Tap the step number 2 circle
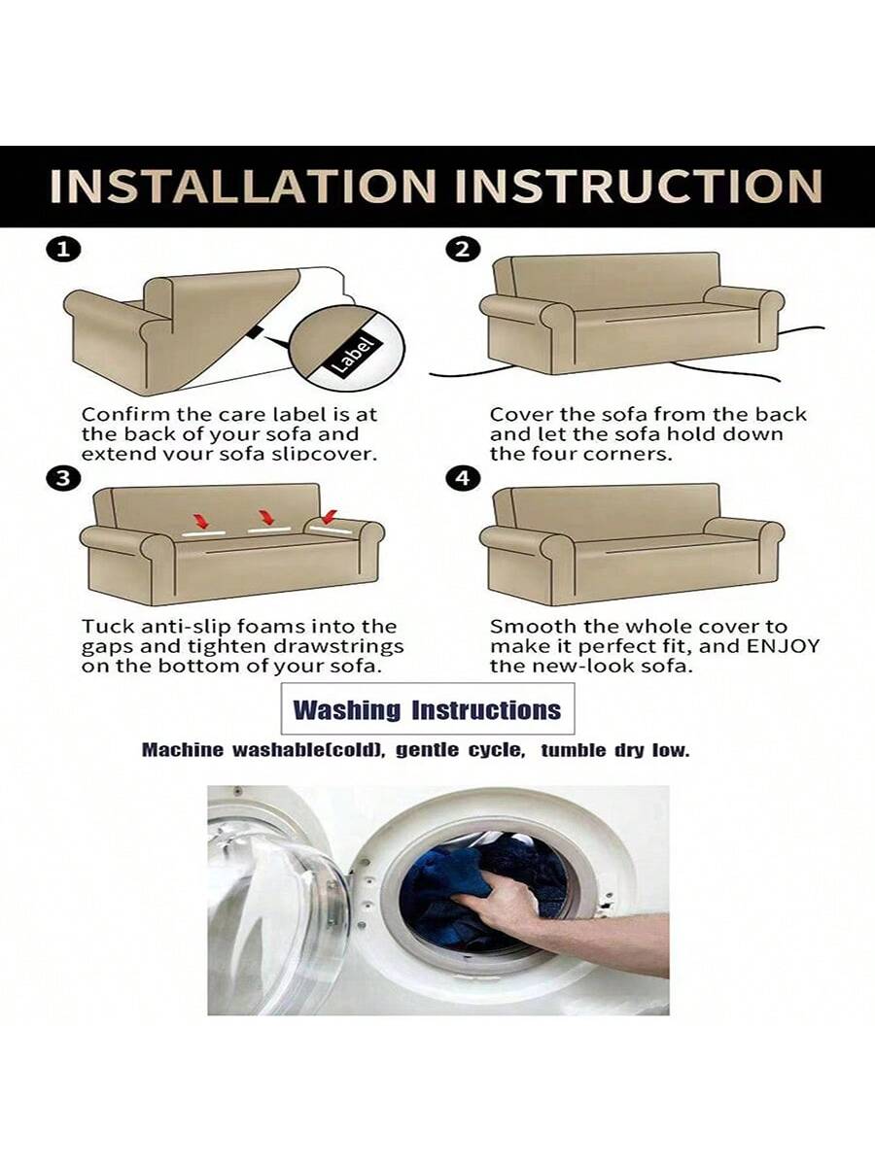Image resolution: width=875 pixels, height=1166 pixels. [x=463, y=249]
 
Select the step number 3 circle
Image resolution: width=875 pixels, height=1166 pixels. [x=62, y=479]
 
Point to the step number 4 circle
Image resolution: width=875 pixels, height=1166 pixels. [x=463, y=479]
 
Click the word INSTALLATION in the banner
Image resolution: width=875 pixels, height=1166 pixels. [x=243, y=187]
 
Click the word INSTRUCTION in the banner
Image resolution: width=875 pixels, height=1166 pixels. [x=640, y=187]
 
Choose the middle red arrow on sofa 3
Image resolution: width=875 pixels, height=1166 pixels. [x=265, y=517]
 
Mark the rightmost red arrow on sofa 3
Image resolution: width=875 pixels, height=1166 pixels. [x=329, y=516]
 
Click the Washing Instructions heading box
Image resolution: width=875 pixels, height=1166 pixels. [x=428, y=709]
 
